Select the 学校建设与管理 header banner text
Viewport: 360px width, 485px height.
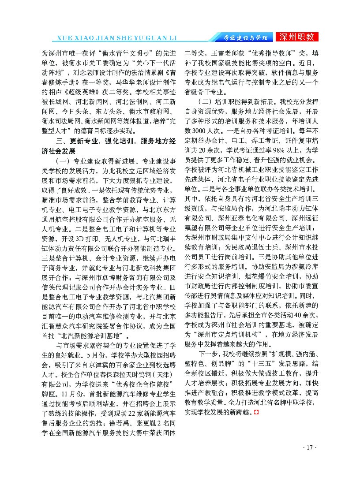(x=244, y=38)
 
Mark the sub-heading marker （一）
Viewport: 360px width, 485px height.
(x=61, y=160)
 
